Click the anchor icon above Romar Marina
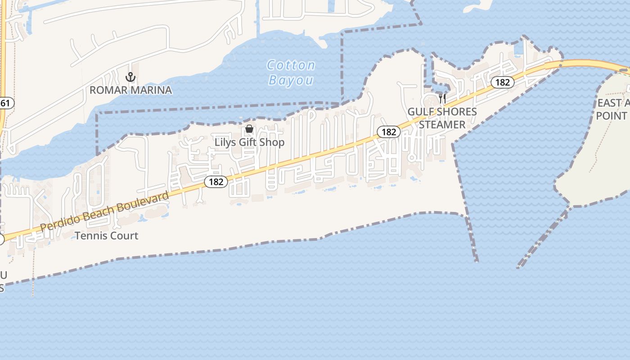click(x=130, y=77)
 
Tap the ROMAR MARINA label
click(x=130, y=90)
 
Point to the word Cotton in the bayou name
click(x=291, y=66)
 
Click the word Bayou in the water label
click(x=291, y=80)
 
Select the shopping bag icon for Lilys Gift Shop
click(x=249, y=129)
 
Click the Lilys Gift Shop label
click(x=249, y=142)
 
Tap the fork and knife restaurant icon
click(x=442, y=99)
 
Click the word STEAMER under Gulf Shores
click(x=442, y=124)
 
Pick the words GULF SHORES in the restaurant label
click(x=442, y=112)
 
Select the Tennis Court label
click(x=107, y=235)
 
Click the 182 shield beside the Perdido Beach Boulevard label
click(x=216, y=181)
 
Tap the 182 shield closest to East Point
click(x=503, y=82)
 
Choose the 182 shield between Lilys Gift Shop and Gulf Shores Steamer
click(x=388, y=132)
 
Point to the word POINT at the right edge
click(x=612, y=116)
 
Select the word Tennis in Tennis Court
click(x=90, y=235)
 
